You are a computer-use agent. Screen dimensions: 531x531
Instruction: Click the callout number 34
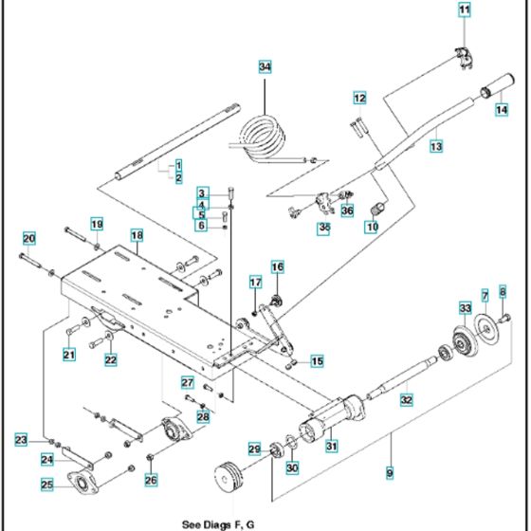[x=265, y=66]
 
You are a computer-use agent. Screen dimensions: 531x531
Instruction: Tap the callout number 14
[x=502, y=109]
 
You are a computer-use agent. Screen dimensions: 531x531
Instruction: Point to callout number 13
[x=436, y=147]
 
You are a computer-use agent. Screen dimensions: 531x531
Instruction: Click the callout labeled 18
[x=137, y=234]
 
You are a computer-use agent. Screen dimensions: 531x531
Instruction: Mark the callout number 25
[x=47, y=485]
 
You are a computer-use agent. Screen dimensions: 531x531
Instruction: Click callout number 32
[x=407, y=400]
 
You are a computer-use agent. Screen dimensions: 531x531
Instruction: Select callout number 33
[x=465, y=308]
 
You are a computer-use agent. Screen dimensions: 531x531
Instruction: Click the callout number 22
[x=111, y=359]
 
